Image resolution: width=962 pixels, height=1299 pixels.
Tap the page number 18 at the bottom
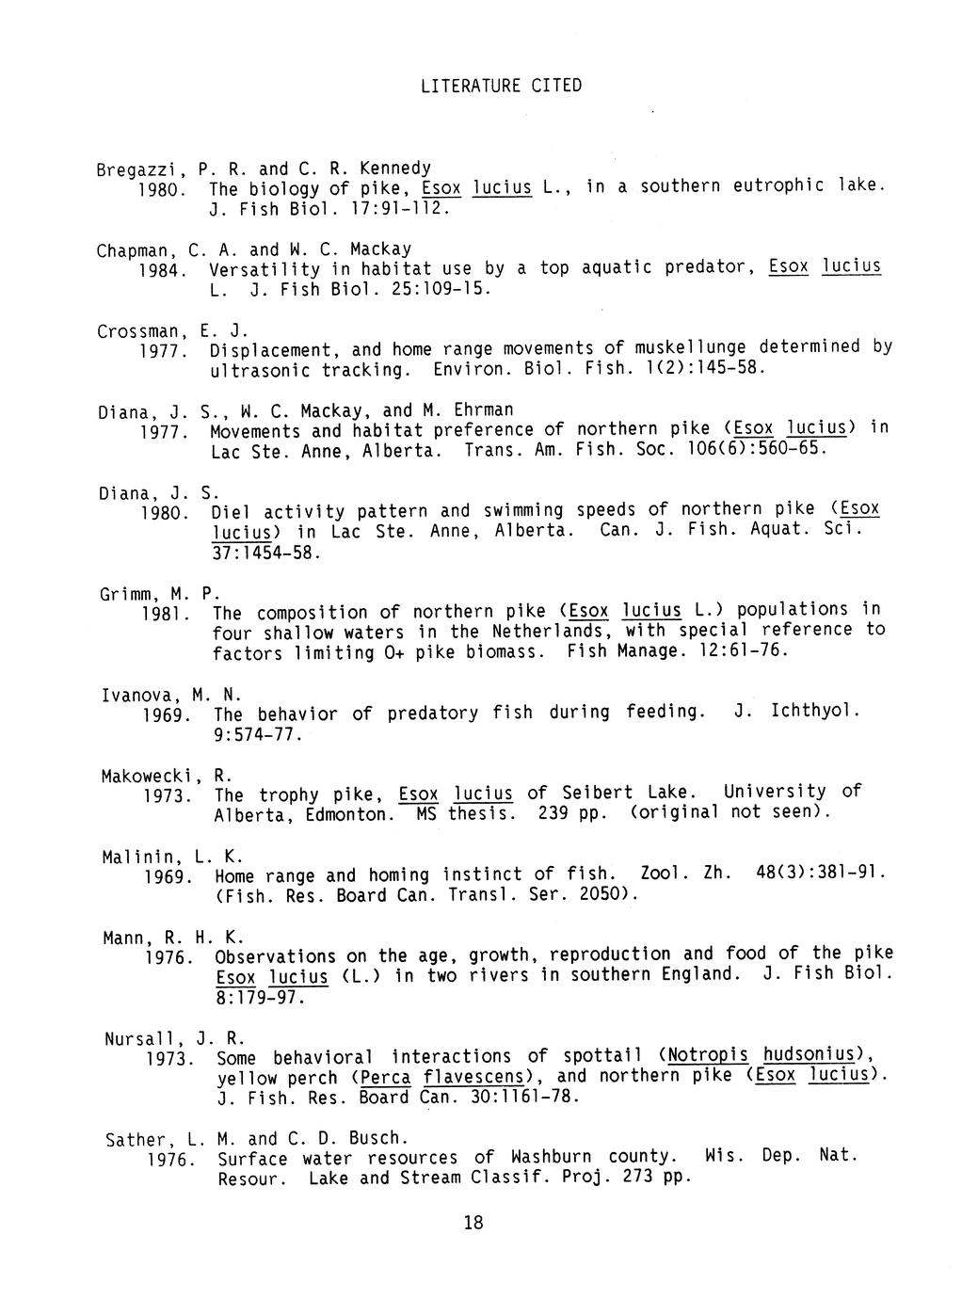[x=473, y=1222]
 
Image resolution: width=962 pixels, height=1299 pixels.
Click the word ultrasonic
[x=260, y=370]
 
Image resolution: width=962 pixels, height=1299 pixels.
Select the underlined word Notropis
[x=708, y=1056]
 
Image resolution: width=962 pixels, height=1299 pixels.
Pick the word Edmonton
[x=348, y=814]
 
